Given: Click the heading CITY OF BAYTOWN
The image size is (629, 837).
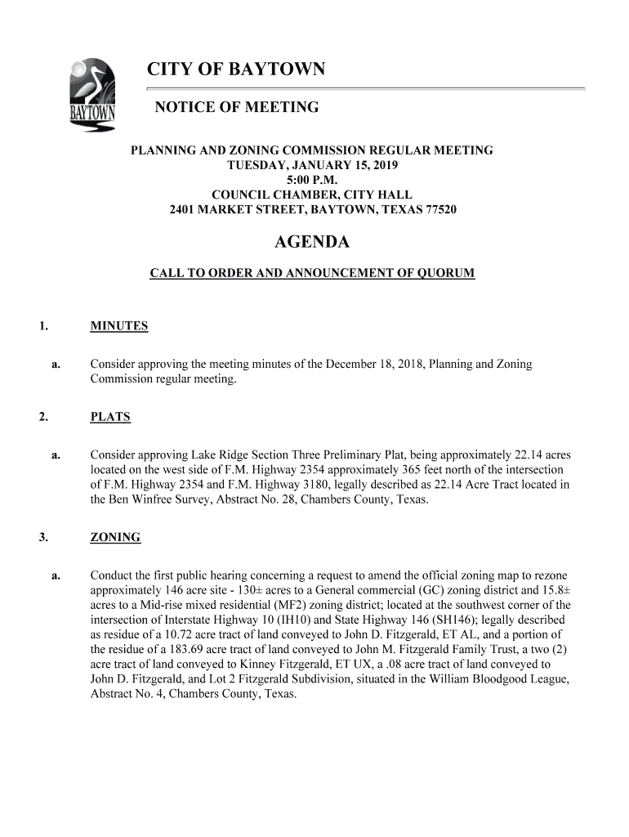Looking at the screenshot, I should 236,70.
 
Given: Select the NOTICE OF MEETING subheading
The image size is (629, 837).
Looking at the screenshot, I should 237,108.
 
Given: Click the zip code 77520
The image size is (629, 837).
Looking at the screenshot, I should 439,209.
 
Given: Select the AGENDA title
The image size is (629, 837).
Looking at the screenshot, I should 311,243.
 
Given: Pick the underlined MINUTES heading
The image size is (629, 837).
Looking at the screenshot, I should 119,326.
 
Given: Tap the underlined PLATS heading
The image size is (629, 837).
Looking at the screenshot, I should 110,417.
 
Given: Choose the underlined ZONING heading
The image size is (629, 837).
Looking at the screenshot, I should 115,537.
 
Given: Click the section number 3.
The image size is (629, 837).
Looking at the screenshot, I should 42,537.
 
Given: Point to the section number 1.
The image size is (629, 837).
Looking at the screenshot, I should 42,326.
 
